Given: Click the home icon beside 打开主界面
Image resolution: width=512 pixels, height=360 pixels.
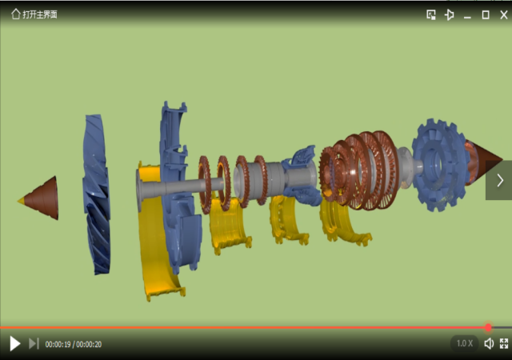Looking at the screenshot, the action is tap(15, 14).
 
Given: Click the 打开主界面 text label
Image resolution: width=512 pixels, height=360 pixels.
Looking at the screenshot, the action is tap(40, 14).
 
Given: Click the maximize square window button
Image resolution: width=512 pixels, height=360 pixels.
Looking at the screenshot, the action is tap(486, 14).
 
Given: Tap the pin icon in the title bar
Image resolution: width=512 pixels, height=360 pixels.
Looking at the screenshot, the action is tap(450, 14).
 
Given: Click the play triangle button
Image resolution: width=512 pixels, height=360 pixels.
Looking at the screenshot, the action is tap(15, 344).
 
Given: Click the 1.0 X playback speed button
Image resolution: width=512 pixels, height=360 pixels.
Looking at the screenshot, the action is tap(464, 343).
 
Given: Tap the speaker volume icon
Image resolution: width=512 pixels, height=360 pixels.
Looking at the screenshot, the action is tap(489, 343).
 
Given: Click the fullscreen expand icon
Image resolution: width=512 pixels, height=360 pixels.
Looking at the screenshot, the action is tap(504, 343).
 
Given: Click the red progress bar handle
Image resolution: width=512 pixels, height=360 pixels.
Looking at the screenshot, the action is tap(488, 327).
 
